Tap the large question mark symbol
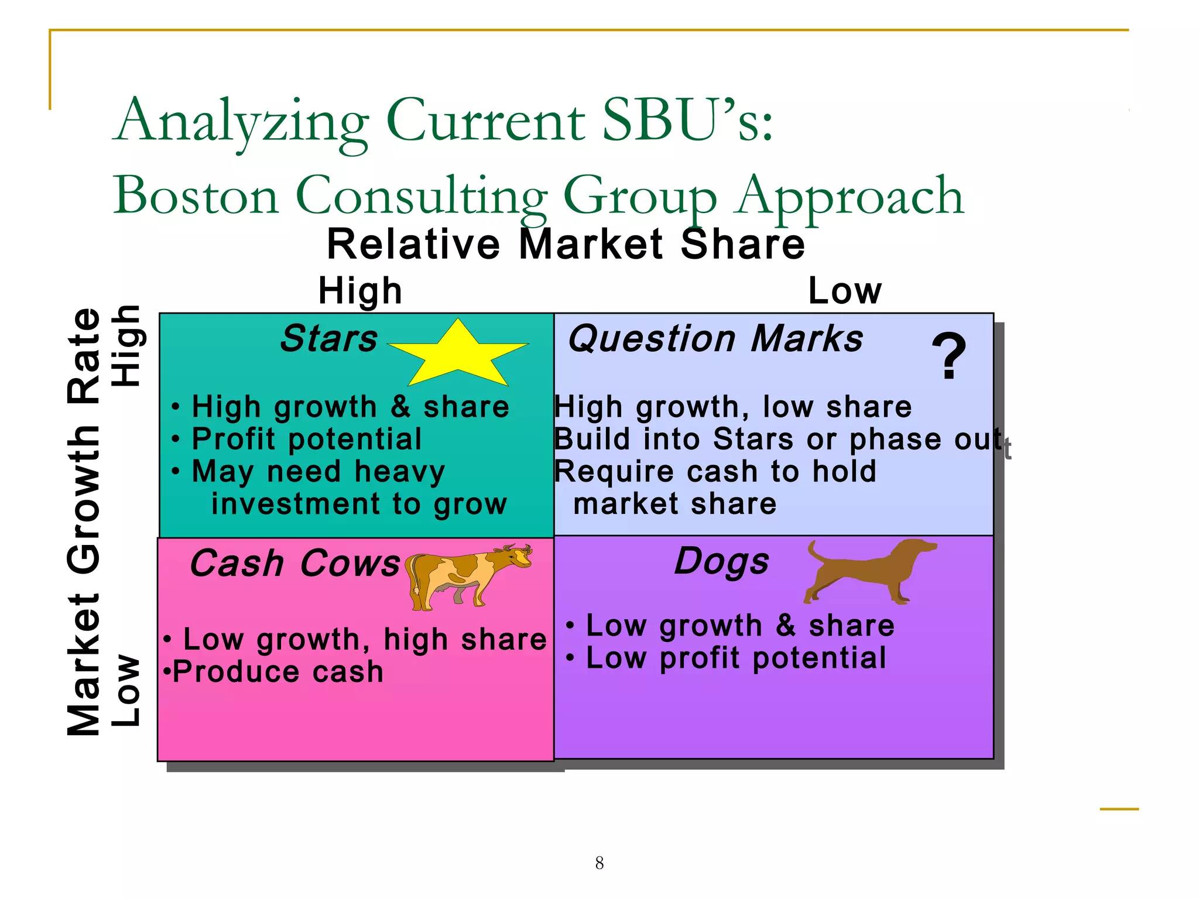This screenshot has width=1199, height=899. tap(949, 356)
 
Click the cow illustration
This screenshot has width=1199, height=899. tap(468, 577)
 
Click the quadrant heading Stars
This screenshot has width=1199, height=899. tap(329, 338)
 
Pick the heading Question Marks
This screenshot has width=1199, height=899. tap(715, 339)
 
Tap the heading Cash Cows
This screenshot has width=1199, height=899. tap(295, 564)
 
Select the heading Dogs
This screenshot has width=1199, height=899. tap(721, 561)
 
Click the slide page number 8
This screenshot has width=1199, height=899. tap(599, 863)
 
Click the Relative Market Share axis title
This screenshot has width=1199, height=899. tap(566, 244)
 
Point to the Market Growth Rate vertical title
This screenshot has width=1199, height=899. tap(84, 521)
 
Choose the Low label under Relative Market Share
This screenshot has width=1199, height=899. tap(844, 291)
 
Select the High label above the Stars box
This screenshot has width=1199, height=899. tap(360, 291)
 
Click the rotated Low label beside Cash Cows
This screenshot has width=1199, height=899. tap(126, 691)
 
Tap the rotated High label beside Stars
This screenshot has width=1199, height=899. tap(126, 345)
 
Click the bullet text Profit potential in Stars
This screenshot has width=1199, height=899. tap(306, 439)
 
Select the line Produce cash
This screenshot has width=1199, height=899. tap(278, 671)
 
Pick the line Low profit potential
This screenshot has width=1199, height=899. tap(736, 658)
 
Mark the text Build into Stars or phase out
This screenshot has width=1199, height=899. tap(777, 439)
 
